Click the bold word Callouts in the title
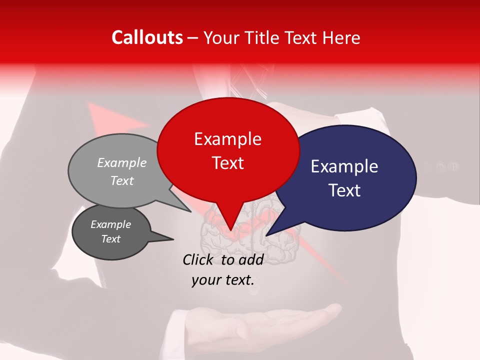[147, 37]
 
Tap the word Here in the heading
[341, 37]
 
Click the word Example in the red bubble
[227, 139]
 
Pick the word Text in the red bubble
[227, 163]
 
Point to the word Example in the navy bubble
[344, 166]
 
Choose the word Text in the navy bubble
[345, 190]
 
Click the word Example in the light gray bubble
[122, 162]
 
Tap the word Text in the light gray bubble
[122, 180]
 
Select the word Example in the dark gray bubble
[110, 224]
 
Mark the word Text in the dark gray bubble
[110, 239]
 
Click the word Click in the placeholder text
[198, 259]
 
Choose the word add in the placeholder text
[251, 259]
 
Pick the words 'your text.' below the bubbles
[223, 280]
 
